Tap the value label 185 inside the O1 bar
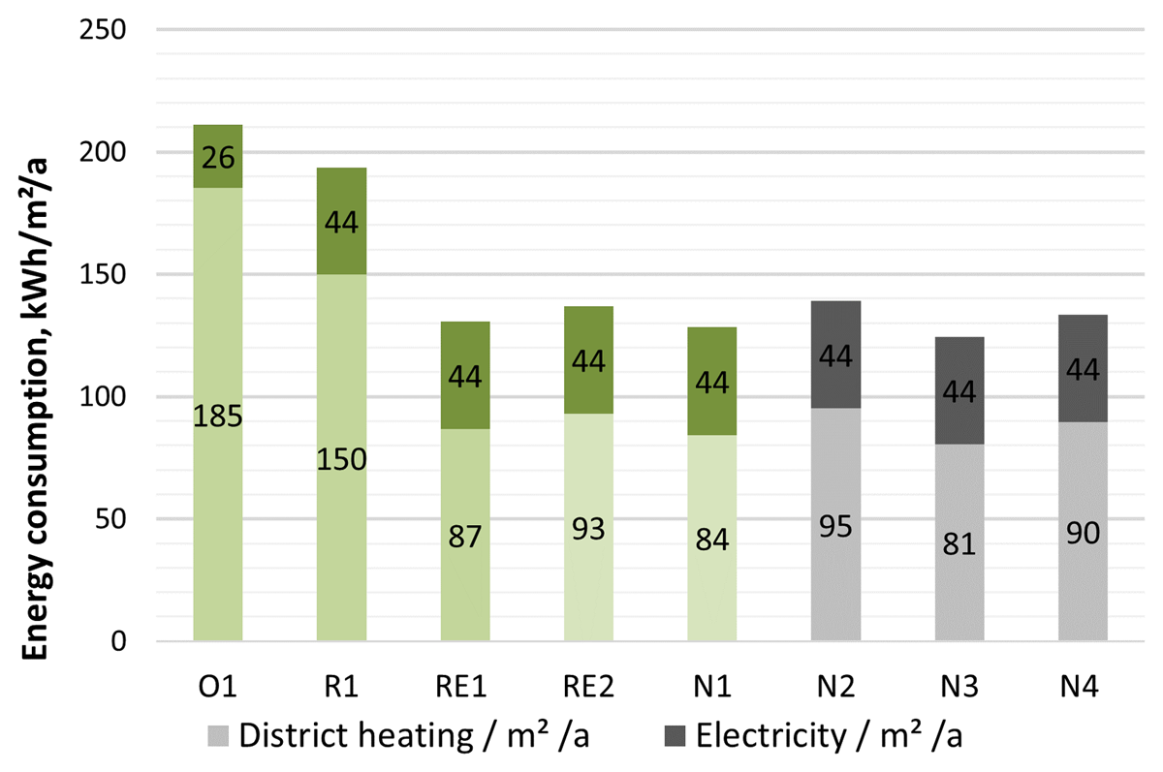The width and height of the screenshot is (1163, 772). pos(218,418)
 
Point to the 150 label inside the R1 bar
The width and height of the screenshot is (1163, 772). pos(342,459)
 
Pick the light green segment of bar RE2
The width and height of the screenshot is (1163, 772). pos(589,581)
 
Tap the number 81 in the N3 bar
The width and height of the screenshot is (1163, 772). pos(959,543)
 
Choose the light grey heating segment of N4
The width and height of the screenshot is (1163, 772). pos(1084,581)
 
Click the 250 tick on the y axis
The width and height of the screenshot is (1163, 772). pos(104,30)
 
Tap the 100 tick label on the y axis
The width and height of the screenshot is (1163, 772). pos(104,397)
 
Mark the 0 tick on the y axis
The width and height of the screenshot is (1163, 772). pos(117,641)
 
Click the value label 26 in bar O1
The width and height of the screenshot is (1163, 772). pos(218,157)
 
